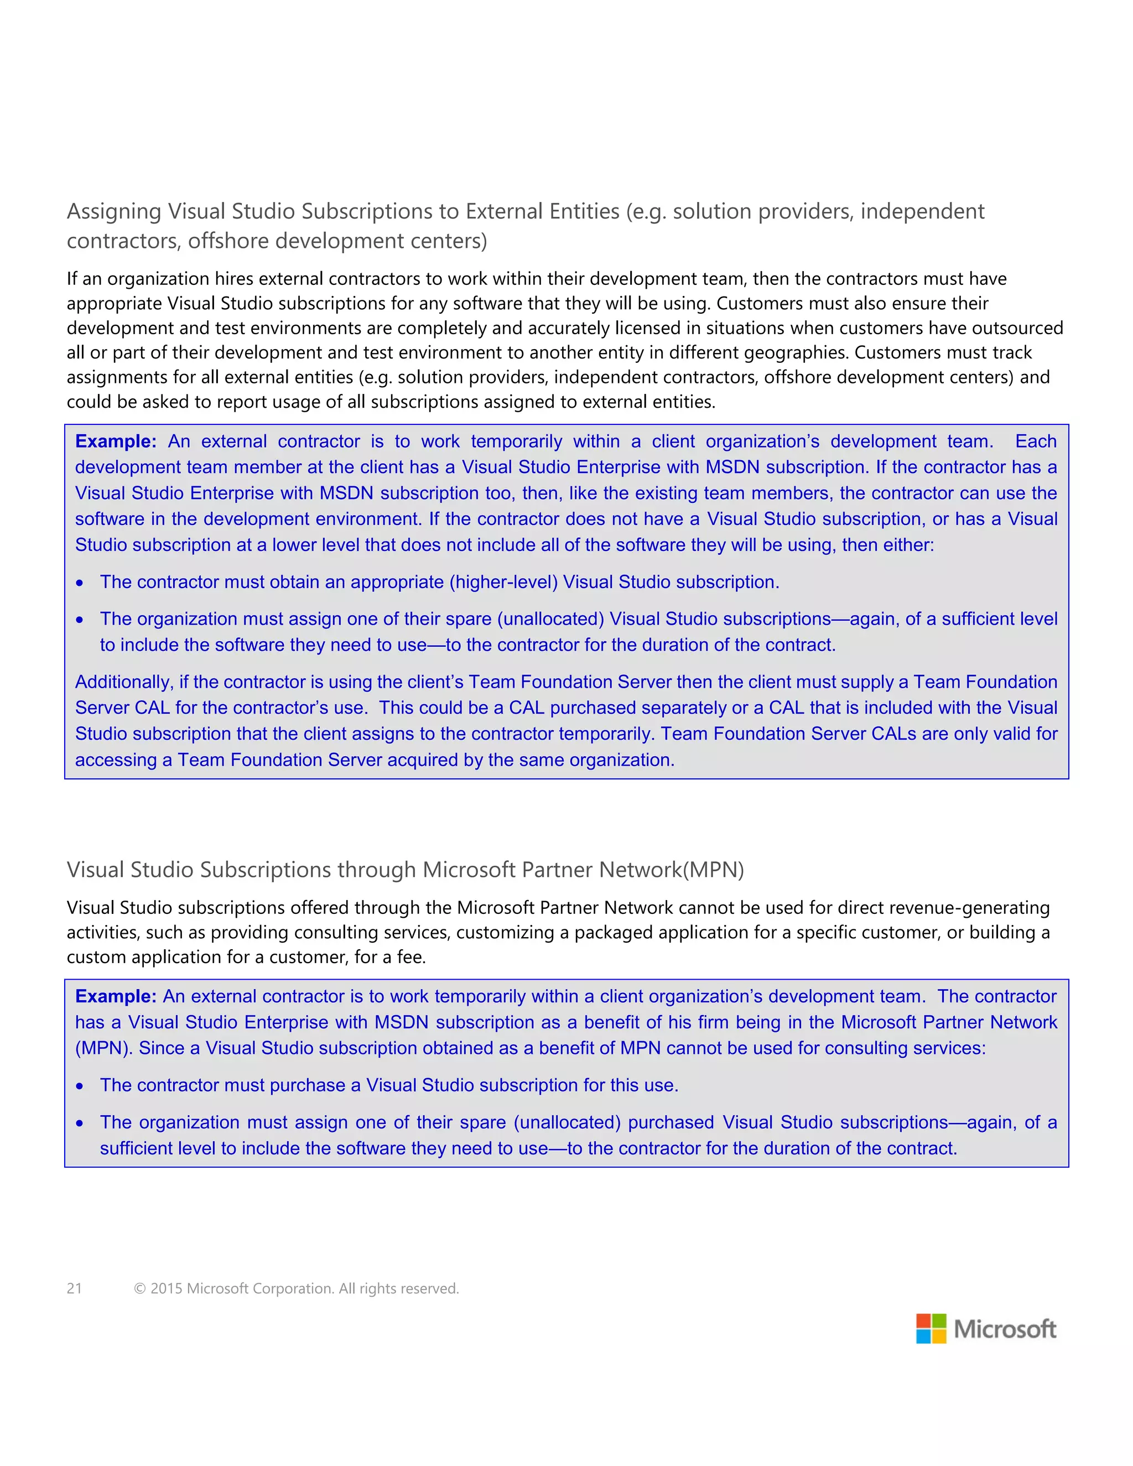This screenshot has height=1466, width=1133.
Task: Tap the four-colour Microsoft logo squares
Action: (931, 1328)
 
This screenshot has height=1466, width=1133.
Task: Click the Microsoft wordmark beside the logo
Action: (1005, 1329)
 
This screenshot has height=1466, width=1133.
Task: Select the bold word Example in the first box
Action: (115, 441)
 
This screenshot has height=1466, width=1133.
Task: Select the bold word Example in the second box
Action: (115, 996)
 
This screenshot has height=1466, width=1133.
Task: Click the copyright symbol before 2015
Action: (139, 1288)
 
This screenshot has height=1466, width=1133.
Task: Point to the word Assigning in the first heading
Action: (114, 211)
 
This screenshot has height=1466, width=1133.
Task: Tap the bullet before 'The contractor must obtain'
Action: (80, 583)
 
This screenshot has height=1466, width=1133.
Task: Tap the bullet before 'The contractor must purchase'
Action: (80, 1086)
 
